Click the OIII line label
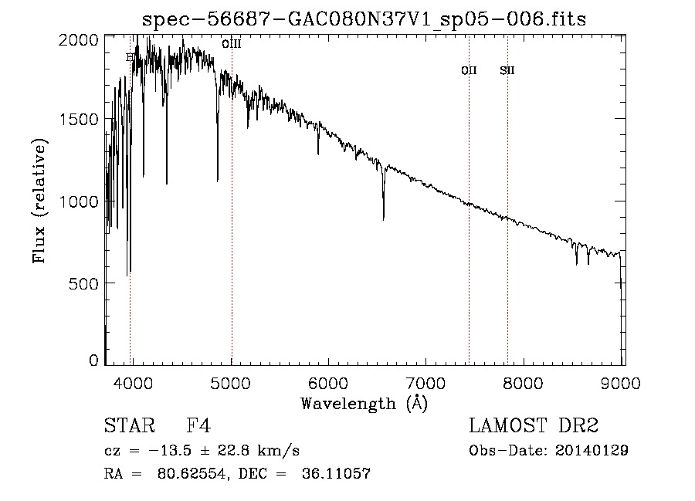coord(232,45)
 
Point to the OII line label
coord(469,71)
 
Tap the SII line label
coord(507,71)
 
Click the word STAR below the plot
coord(126,426)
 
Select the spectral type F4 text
coord(197,426)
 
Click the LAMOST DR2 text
coord(533,426)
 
